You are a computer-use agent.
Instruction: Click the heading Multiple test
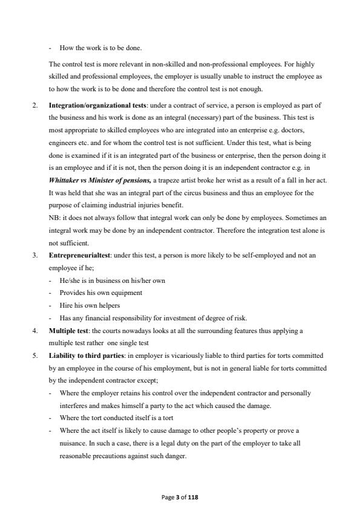point(70,331)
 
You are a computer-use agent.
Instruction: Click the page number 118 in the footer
point(193,497)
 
